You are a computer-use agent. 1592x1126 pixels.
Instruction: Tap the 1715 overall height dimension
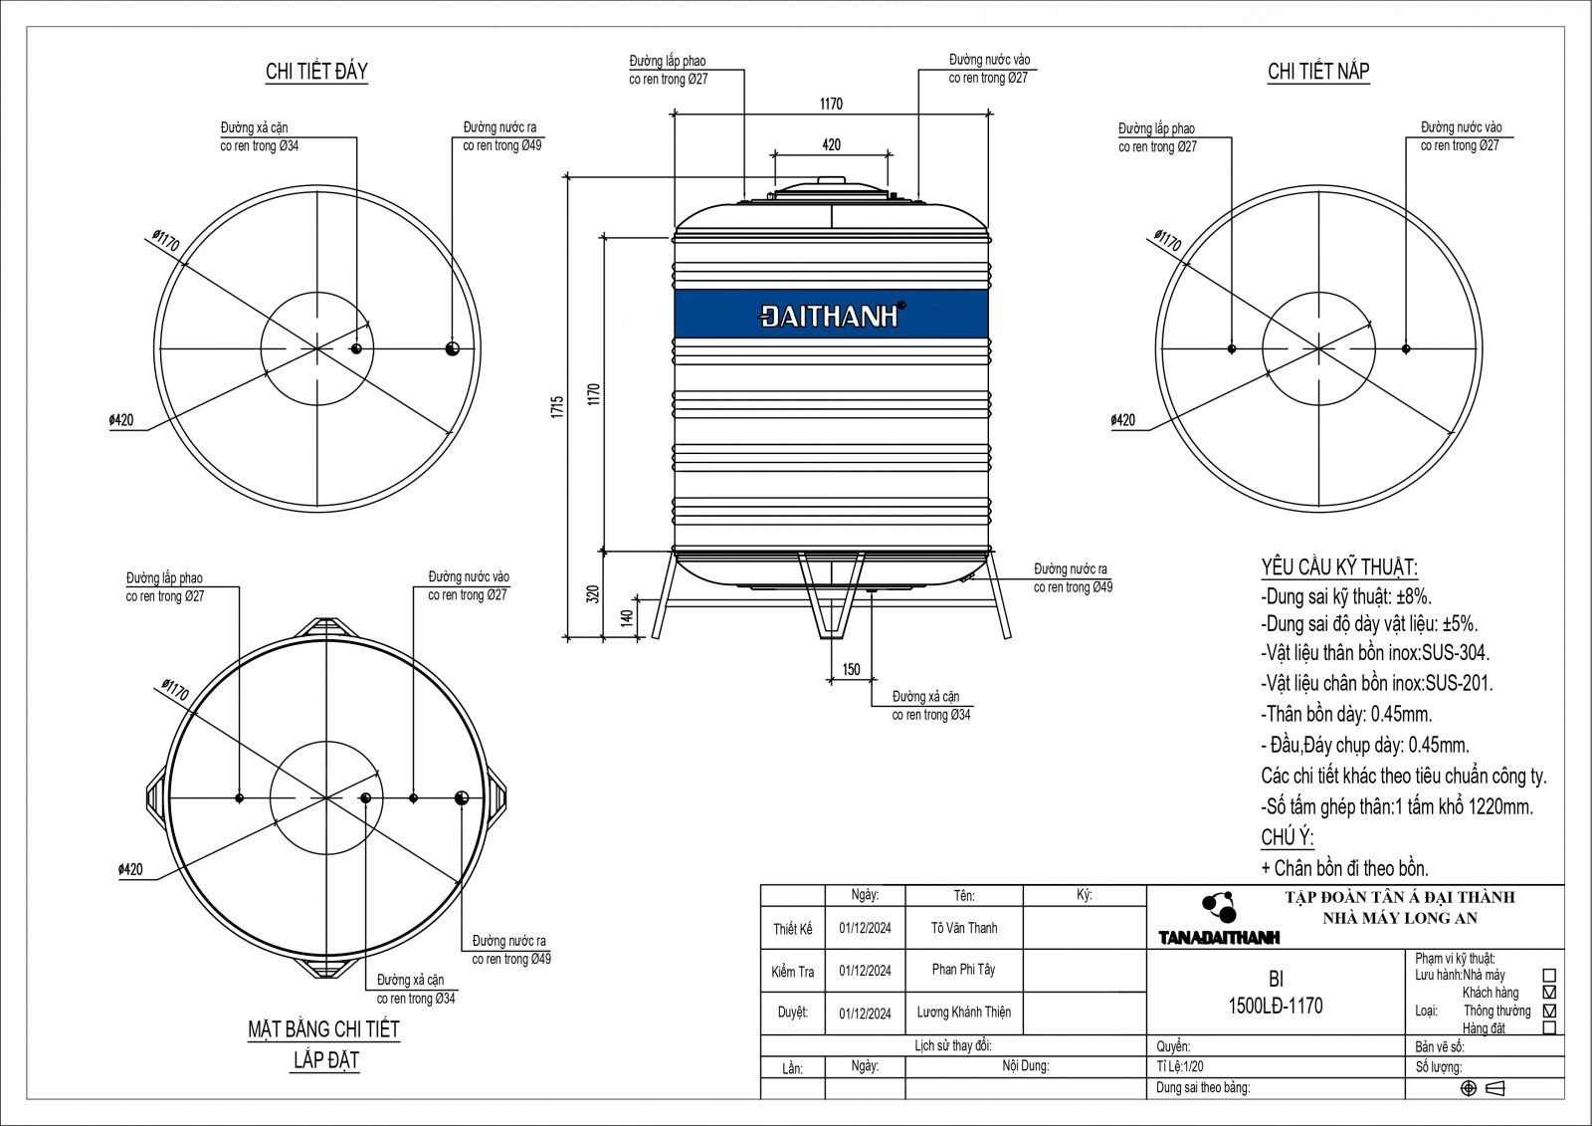557,407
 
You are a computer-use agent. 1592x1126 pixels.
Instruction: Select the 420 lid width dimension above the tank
832,145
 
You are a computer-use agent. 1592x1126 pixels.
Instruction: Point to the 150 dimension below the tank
851,669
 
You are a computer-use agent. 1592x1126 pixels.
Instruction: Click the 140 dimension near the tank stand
627,617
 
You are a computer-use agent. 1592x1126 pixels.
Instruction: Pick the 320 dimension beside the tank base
593,594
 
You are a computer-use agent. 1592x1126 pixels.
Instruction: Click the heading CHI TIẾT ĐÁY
316,71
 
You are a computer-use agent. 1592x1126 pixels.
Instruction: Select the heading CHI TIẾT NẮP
1318,71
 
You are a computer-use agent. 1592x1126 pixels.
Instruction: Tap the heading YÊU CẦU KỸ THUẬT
1339,567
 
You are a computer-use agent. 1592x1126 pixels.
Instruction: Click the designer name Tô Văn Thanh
964,928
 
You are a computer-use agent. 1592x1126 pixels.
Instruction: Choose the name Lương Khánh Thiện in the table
964,1012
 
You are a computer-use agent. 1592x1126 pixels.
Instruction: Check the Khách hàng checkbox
1550,992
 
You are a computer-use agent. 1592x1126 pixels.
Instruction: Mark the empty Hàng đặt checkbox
1550,1027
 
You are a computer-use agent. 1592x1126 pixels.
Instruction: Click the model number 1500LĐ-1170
1276,1006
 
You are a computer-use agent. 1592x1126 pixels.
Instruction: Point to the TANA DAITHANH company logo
1219,919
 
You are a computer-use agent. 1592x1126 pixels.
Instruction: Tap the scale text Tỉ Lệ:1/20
1180,1066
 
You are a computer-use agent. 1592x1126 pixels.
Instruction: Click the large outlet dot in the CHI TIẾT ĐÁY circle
452,348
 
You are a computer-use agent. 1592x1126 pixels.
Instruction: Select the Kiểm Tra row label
792,972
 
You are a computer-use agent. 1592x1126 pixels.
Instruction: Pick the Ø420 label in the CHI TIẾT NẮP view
1123,420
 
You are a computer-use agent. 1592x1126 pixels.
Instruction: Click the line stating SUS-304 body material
1375,653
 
